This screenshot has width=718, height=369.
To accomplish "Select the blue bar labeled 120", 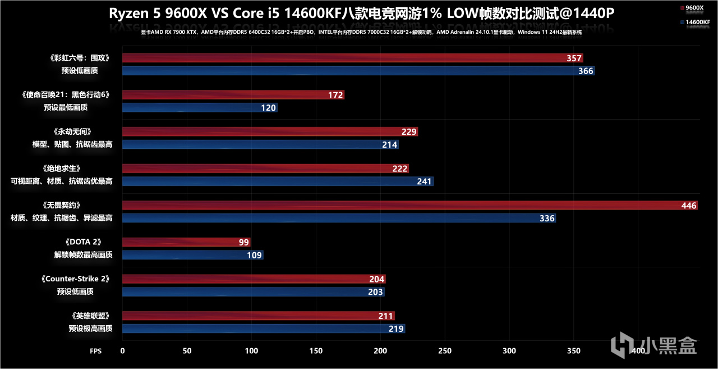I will click(200, 108).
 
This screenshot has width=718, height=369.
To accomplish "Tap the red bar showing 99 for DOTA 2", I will click(186, 243).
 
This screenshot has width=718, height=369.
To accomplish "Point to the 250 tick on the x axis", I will click(445, 351).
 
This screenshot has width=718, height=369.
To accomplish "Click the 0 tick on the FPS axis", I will click(122, 351).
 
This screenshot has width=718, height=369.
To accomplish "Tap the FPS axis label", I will click(96, 351).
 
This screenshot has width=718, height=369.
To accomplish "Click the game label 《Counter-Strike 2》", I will click(75, 279).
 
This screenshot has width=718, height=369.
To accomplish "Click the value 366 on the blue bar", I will click(585, 71).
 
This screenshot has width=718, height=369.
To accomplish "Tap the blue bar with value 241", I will click(278, 181).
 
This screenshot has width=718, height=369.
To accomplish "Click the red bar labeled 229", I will click(270, 132).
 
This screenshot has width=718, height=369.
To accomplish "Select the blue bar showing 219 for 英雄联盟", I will click(264, 329).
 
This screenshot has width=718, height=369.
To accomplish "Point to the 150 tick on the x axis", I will click(316, 351).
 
